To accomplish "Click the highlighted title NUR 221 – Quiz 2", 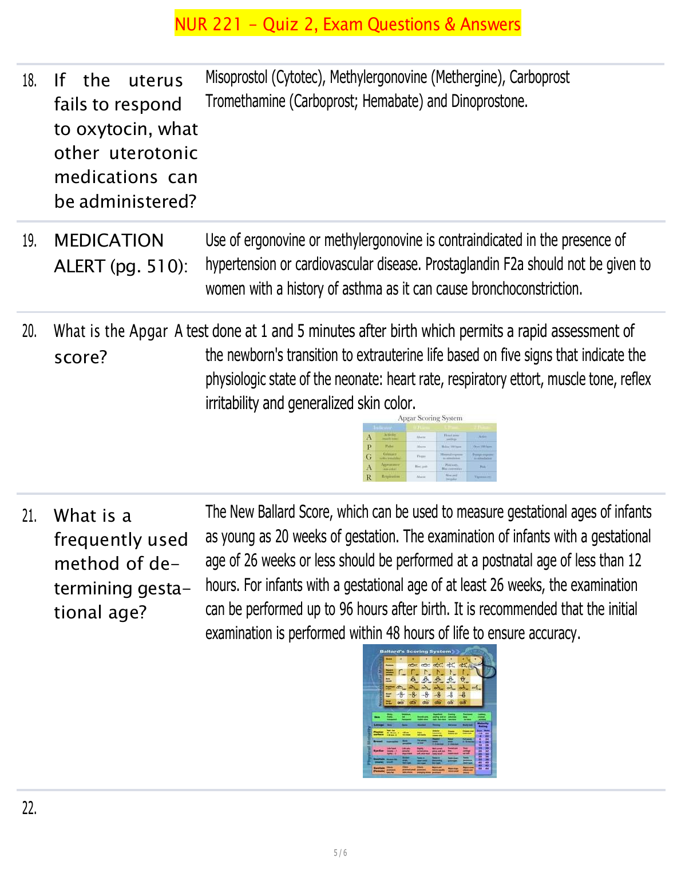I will pyautogui.click(x=347, y=24).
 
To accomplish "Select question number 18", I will pyautogui.click(x=29, y=81).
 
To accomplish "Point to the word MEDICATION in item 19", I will pyautogui.click(x=109, y=241).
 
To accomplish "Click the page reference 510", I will pyautogui.click(x=163, y=267).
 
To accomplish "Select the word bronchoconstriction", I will pyautogui.click(x=526, y=289).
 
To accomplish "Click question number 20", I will pyautogui.click(x=29, y=331).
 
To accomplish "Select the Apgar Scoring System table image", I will pyautogui.click(x=429, y=452).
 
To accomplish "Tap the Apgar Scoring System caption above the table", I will pyautogui.click(x=430, y=418).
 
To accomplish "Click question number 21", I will pyautogui.click(x=29, y=517).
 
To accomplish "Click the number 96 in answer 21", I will pyautogui.click(x=346, y=609).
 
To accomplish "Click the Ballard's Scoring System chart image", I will pyautogui.click(x=429, y=711).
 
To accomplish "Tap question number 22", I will pyautogui.click(x=29, y=808).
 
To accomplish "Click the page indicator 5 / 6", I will pyautogui.click(x=340, y=853).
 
